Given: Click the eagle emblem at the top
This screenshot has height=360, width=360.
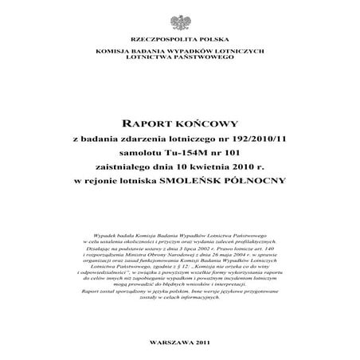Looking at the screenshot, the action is coord(179,18).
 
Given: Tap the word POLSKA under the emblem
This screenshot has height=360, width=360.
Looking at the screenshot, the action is coord(205,40).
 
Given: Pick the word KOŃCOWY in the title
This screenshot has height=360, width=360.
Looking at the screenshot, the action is coord(203,125).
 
